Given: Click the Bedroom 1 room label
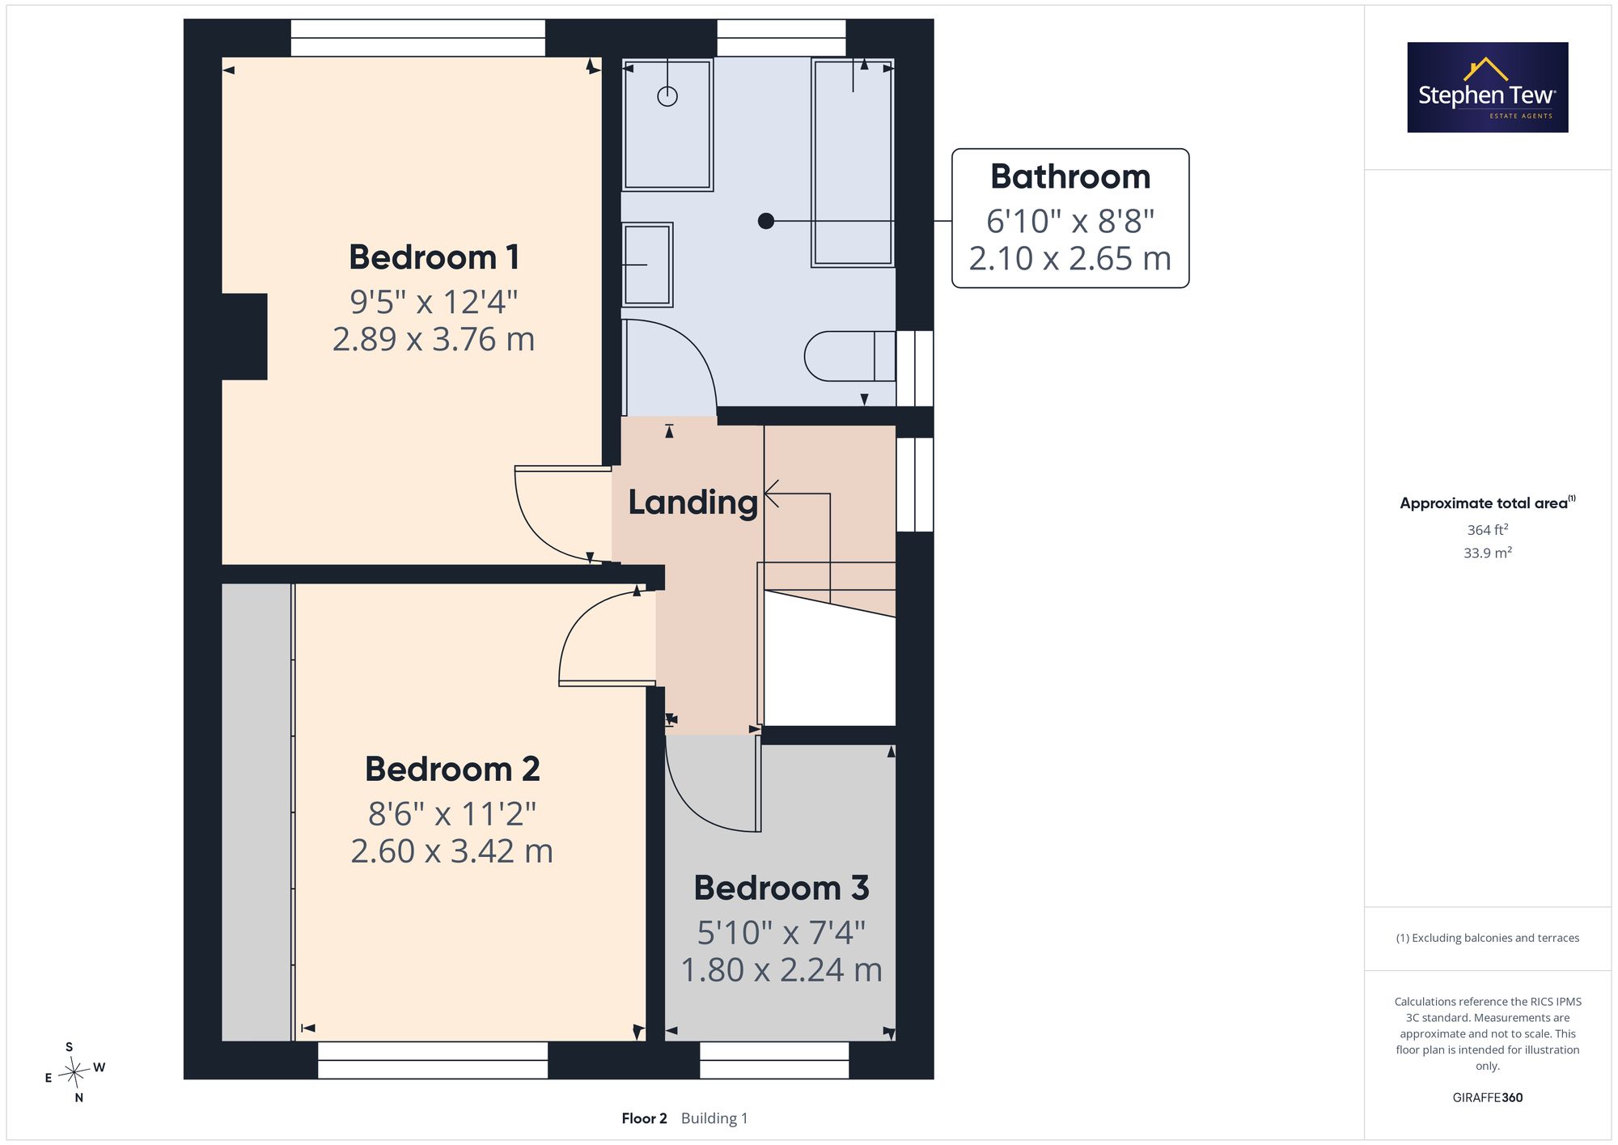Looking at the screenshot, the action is [x=434, y=257].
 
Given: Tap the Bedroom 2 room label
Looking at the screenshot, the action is [x=452, y=769].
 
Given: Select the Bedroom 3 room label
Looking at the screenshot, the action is [x=781, y=888].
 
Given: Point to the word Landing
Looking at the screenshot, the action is [x=693, y=503].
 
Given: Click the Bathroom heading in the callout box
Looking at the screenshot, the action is [x=1070, y=176].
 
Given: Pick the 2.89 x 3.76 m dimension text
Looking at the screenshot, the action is [x=434, y=339].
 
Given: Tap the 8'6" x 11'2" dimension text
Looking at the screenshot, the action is [x=452, y=813].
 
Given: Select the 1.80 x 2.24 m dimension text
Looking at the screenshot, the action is [x=781, y=969].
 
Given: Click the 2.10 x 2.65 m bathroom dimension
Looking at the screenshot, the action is [x=1070, y=259].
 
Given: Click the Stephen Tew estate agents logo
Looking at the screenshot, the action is [x=1488, y=87].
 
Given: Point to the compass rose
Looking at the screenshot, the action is [x=74, y=1073].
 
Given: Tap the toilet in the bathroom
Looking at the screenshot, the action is [x=849, y=356].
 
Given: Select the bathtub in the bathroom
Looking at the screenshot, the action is [x=853, y=162].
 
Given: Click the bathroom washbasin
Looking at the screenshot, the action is [x=647, y=265].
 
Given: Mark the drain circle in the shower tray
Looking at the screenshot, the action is [x=667, y=96].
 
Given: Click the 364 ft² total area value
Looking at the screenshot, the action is [x=1488, y=530].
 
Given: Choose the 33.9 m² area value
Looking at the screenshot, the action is [x=1488, y=553].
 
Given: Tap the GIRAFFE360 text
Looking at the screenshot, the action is [x=1488, y=1098].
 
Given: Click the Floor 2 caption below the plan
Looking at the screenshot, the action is [x=644, y=1118].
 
